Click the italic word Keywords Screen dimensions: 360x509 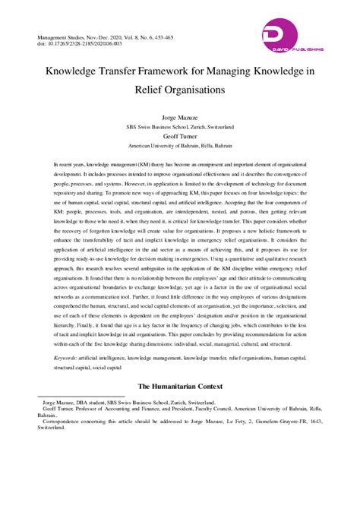[66, 355]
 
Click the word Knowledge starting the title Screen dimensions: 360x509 [74, 72]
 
